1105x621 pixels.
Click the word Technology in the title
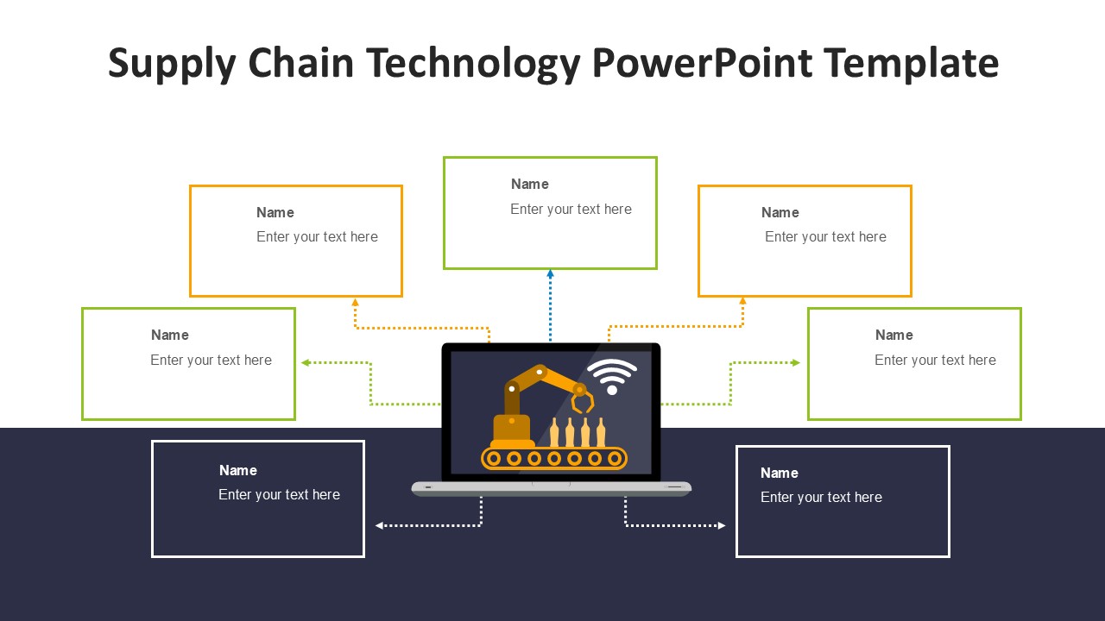[x=472, y=64]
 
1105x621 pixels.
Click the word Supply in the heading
[x=171, y=64]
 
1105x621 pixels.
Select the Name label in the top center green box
[x=529, y=184]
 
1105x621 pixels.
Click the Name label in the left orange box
[x=275, y=212]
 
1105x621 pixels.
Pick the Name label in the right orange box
[x=780, y=212]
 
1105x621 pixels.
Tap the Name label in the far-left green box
[x=169, y=335]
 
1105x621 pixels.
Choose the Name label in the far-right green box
[x=893, y=335]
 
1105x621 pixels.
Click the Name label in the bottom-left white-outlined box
[x=237, y=470]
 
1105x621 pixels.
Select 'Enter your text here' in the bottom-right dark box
[x=821, y=497]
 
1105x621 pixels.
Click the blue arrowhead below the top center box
[x=550, y=273]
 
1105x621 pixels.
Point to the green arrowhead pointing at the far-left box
[x=306, y=363]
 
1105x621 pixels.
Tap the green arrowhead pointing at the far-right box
[x=796, y=363]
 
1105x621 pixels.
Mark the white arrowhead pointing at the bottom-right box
[x=722, y=525]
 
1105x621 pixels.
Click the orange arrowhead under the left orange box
[x=355, y=302]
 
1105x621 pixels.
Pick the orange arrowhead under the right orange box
[x=742, y=301]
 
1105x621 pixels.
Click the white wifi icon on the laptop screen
[x=612, y=376]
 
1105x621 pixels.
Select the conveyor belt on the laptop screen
[x=553, y=458]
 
